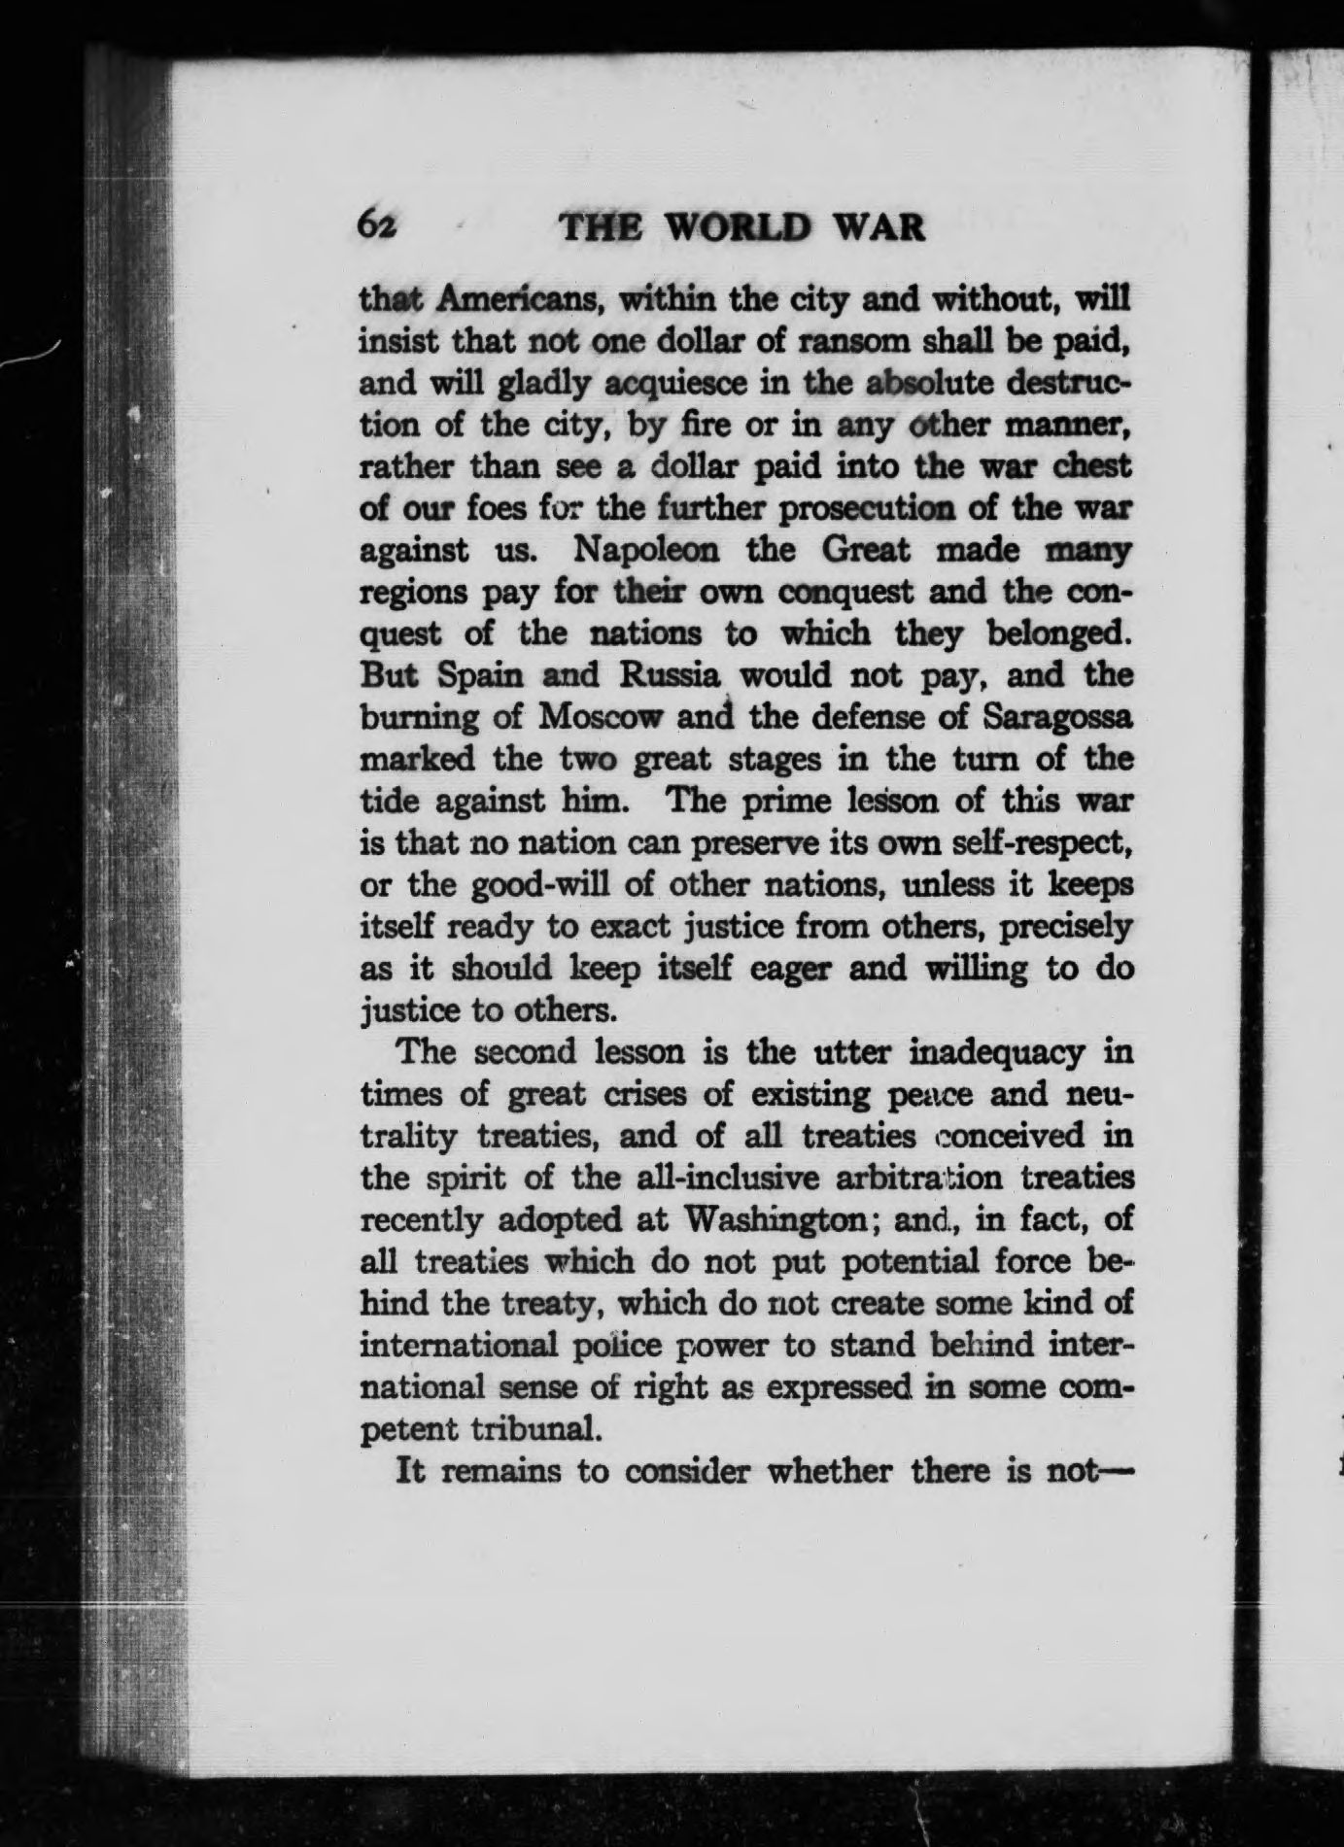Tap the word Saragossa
click(1058, 717)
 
